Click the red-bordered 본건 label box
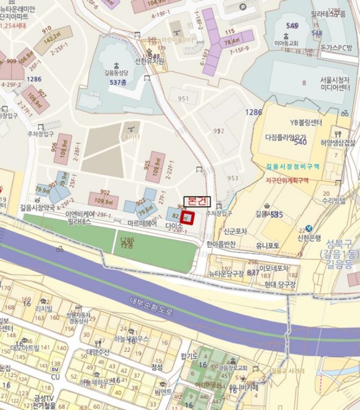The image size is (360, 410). pos(196,200)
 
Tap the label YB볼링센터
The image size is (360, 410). pos(306,122)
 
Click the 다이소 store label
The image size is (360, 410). pos(175,225)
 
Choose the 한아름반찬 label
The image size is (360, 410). pos(220,244)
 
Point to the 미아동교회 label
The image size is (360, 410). pos(287,43)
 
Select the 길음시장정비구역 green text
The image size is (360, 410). pos(293,166)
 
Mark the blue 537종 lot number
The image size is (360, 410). pos(118,83)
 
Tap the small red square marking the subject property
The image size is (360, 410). pos(188,217)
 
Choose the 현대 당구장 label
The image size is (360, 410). pos(280,283)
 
